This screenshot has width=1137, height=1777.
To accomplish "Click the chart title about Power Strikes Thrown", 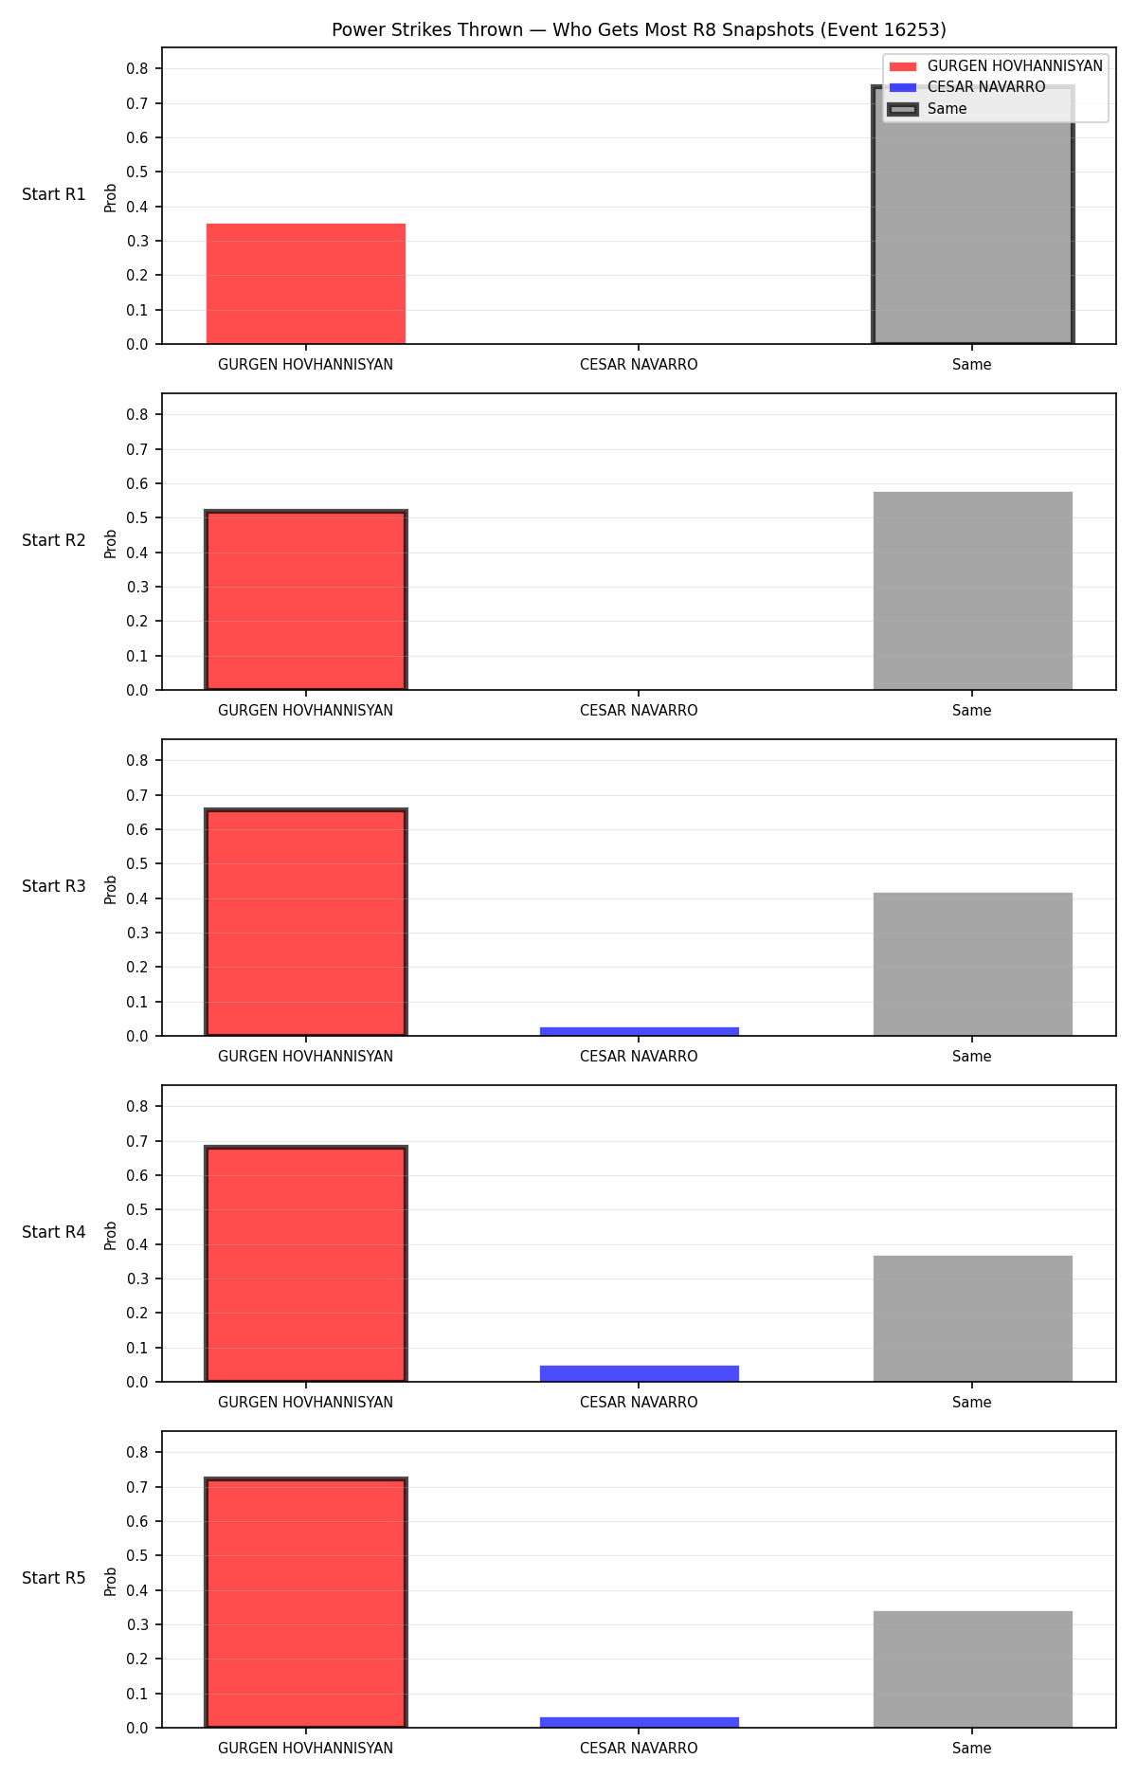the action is pos(639,30).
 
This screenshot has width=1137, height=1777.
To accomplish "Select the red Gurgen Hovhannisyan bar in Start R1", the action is pos(306,283).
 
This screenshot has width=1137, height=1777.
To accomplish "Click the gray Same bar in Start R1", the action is pos(972,215).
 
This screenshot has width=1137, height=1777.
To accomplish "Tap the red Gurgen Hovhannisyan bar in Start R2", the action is pos(306,600).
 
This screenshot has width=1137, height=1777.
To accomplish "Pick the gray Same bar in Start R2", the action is pos(972,590).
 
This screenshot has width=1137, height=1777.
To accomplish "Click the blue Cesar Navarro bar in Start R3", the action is pos(640,1031).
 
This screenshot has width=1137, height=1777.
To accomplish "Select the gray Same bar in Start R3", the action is pos(972,964).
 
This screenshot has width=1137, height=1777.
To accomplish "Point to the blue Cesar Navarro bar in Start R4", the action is pos(640,1373).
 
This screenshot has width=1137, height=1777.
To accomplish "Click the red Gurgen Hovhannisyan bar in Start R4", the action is pos(306,1264).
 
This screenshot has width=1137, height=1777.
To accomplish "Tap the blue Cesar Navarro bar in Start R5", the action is pos(640,1722).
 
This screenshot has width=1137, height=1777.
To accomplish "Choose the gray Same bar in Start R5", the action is pos(972,1669).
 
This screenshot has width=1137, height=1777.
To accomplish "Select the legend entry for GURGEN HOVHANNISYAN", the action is pos(995,66).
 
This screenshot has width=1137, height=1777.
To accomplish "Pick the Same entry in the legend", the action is pos(928,109).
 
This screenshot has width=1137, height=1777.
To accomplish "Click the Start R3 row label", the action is pos(54,886).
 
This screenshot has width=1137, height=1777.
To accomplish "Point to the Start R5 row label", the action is pos(54,1578).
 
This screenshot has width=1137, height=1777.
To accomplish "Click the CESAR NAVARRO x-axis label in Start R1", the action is pos(639,365).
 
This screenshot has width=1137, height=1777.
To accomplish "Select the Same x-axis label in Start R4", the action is pos(972,1403).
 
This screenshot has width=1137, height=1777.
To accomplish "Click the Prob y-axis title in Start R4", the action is pos(111,1235).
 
